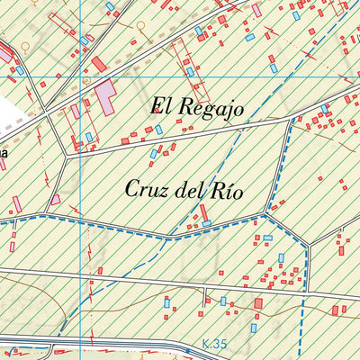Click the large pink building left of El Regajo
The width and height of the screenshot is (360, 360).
click(106, 95)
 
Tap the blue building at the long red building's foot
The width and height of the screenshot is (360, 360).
click(206, 222)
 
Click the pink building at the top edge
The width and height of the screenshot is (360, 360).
click(256, 10)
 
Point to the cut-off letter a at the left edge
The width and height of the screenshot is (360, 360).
click(3, 154)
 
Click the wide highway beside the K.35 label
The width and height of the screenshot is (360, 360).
click(135, 345)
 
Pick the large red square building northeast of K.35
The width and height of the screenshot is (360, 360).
click(259, 304)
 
